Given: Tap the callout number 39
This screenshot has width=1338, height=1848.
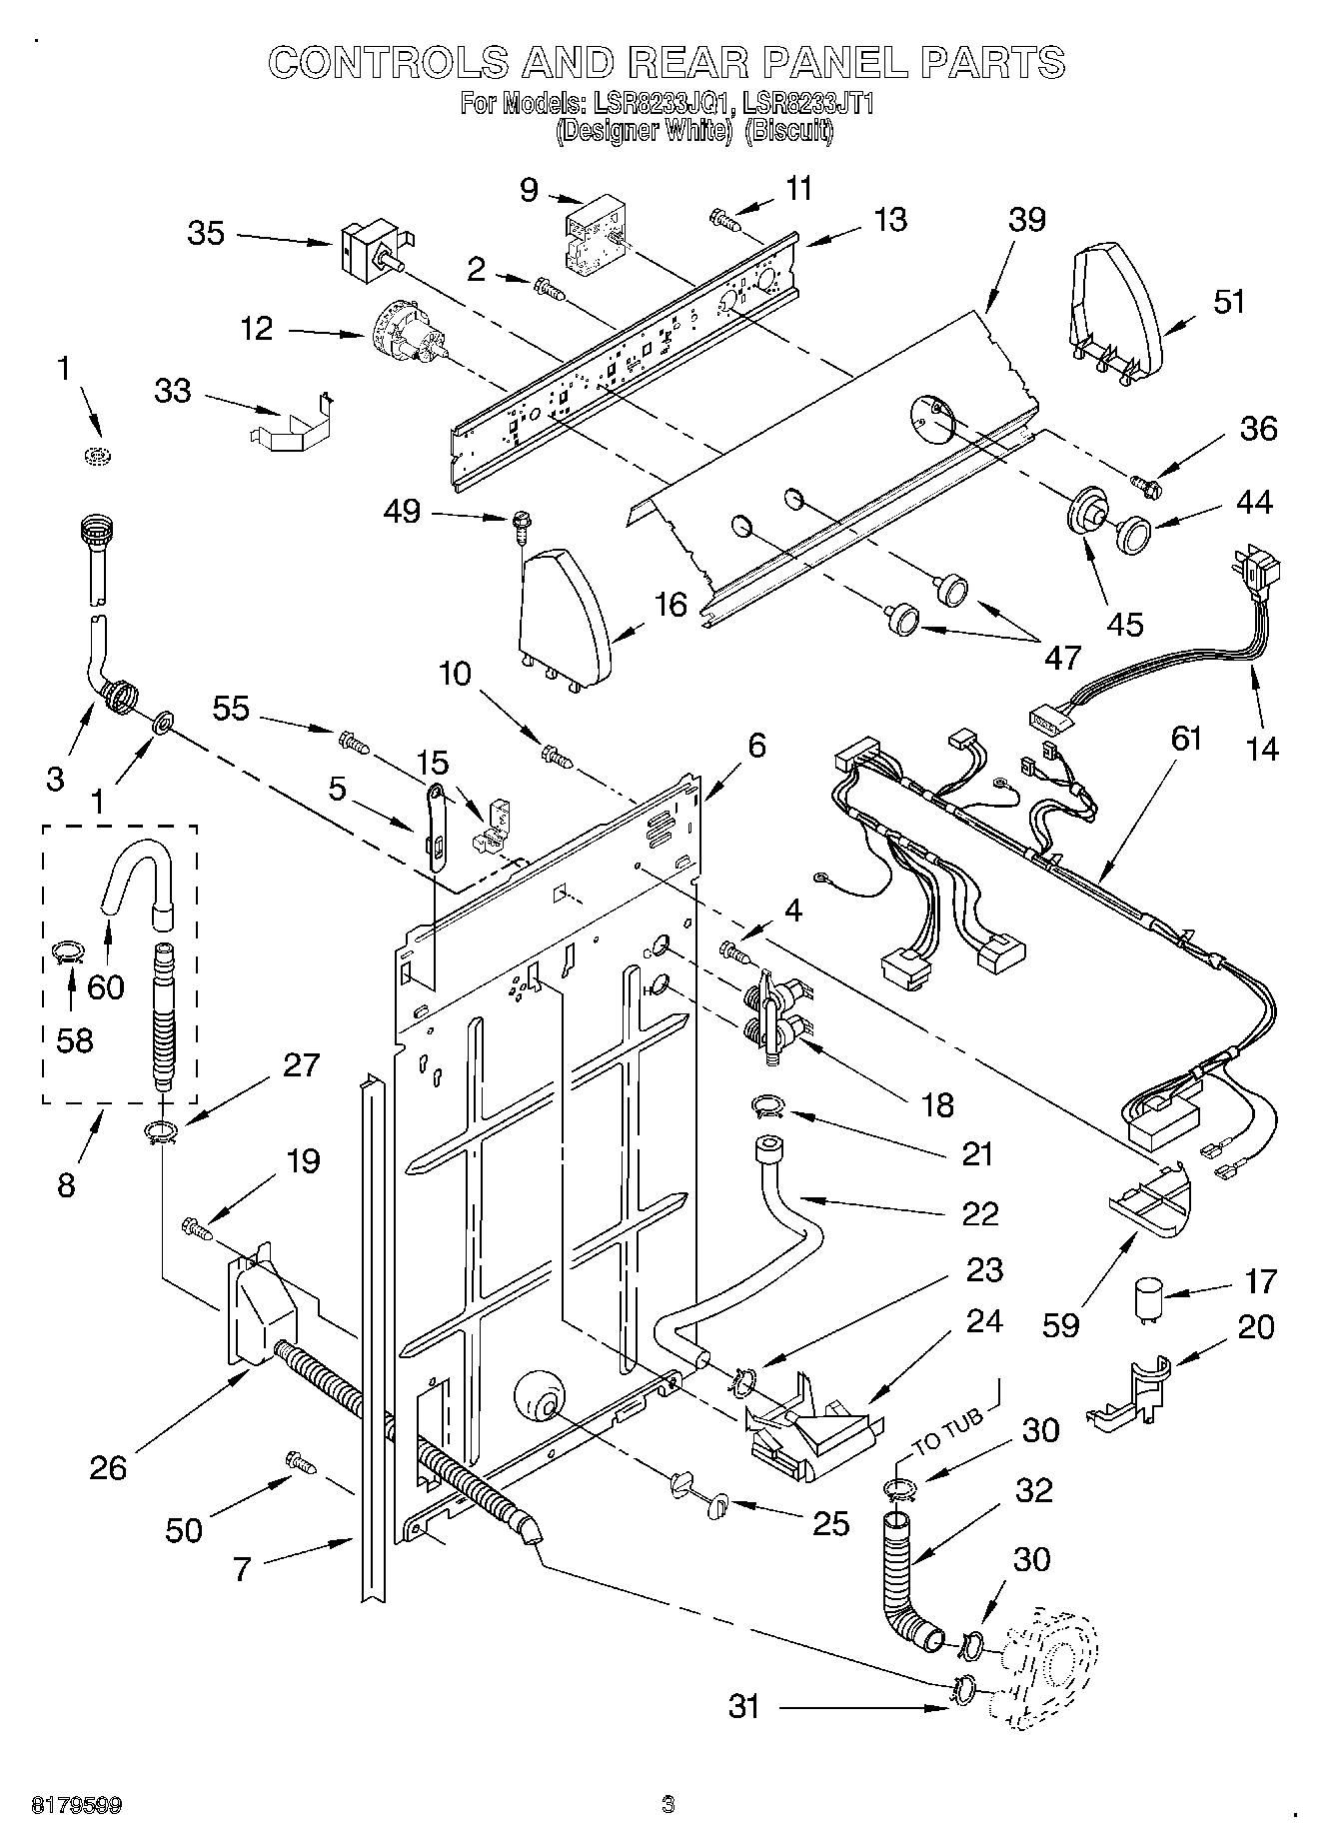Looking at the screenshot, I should pyautogui.click(x=1026, y=220).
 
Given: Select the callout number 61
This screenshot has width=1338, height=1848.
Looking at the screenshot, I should pyautogui.click(x=1186, y=739).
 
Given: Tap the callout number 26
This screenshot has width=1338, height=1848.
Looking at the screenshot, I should pyautogui.click(x=108, y=1467).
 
